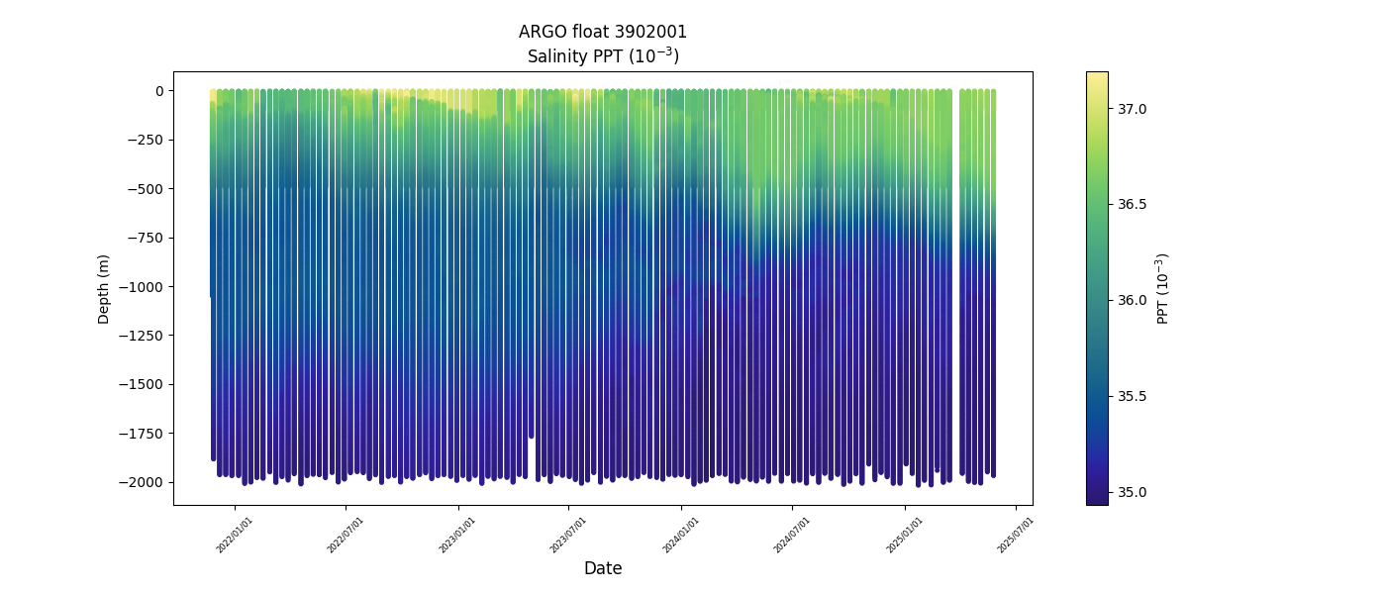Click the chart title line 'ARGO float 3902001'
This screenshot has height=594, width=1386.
point(602,32)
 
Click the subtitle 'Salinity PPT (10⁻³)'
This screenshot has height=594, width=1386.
point(602,55)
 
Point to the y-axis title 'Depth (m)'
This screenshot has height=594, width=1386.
point(104,288)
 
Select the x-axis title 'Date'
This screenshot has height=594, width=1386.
point(602,568)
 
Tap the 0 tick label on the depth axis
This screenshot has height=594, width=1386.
point(158,91)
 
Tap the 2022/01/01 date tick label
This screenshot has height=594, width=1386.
point(235,535)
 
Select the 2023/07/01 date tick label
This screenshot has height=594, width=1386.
point(568,535)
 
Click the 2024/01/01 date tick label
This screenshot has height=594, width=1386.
point(681,535)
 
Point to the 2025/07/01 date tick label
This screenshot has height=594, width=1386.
point(1016,535)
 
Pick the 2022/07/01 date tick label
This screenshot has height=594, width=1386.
point(346,535)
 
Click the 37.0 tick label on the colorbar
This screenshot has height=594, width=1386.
point(1132,108)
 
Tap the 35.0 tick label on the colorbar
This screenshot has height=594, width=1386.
point(1132,492)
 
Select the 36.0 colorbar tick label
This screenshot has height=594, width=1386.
point(1132,300)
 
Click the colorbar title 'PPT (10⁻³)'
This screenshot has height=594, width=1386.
point(1164,288)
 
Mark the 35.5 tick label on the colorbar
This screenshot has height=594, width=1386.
point(1132,396)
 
